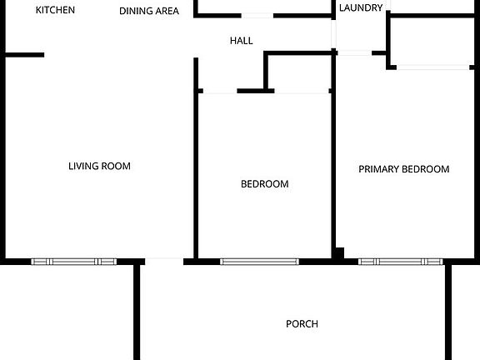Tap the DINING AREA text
click(149, 12)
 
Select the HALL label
click(242, 40)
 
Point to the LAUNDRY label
click(362, 8)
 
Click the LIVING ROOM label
click(99, 166)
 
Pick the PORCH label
click(302, 324)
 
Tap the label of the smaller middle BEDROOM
click(265, 184)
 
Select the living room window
click(72, 262)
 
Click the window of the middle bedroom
click(259, 262)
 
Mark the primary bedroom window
click(400, 262)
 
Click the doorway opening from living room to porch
click(163, 261)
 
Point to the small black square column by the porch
click(339, 252)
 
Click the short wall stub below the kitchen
click(24, 55)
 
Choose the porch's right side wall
click(448, 310)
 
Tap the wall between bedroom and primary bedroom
click(333, 167)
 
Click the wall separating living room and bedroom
click(197, 167)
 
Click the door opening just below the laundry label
click(354, 52)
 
